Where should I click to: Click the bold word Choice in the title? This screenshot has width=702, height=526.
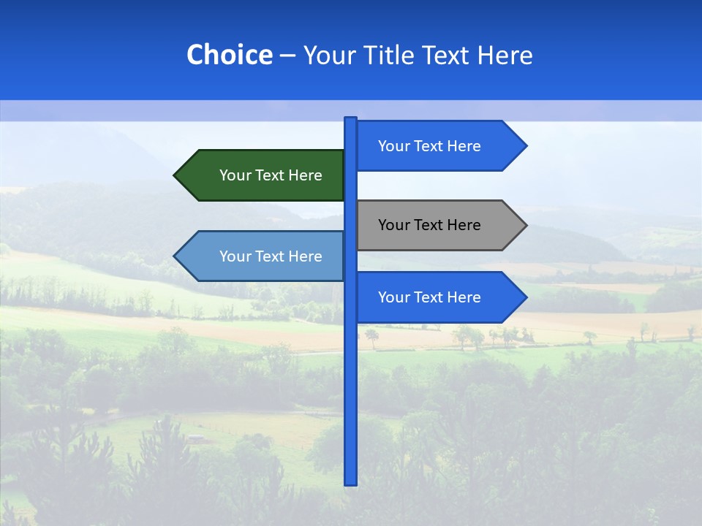[229, 56]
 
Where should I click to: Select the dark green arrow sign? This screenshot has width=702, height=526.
[263, 175]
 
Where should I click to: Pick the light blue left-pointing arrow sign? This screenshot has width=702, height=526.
[263, 256]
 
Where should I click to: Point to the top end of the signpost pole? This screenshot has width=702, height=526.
[350, 119]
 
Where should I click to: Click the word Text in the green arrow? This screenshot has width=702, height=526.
[271, 175]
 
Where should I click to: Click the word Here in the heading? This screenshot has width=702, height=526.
[505, 56]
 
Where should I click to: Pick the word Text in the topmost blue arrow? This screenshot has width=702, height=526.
[429, 146]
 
